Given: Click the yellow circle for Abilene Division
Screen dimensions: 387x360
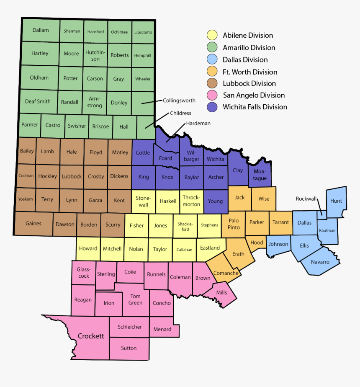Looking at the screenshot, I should tap(213, 35).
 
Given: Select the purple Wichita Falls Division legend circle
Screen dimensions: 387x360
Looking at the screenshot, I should tap(213, 107).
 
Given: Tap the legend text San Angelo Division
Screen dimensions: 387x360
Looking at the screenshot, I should tap(254, 95).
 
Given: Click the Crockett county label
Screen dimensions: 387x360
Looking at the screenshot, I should tap(91, 336).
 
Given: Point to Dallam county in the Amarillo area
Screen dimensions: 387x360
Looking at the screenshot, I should tap(41, 30).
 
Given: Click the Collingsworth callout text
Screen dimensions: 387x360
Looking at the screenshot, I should tap(179, 101).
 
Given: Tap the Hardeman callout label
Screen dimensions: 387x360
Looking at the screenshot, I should tap(198, 124).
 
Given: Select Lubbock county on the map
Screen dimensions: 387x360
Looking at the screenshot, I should tap(72, 176).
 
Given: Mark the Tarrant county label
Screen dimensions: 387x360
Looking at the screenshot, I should tap(280, 222).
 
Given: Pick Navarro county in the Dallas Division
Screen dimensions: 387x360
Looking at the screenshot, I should tap(320, 262).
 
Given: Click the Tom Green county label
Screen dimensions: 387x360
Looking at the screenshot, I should tap(135, 299).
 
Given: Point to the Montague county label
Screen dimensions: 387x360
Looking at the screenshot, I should tap(260, 175).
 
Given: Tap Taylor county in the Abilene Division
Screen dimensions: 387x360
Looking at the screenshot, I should tap(160, 249).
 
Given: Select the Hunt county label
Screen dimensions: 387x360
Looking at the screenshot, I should tap(336, 201).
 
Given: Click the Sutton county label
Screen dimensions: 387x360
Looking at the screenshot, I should tap(129, 348).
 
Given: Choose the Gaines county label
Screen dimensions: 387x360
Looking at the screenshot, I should tap(33, 224).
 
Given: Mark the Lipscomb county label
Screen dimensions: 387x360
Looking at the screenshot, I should tap(143, 32).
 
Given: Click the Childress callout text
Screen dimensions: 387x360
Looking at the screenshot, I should tap(180, 113).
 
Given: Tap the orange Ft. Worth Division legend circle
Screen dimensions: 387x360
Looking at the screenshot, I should tap(213, 72).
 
